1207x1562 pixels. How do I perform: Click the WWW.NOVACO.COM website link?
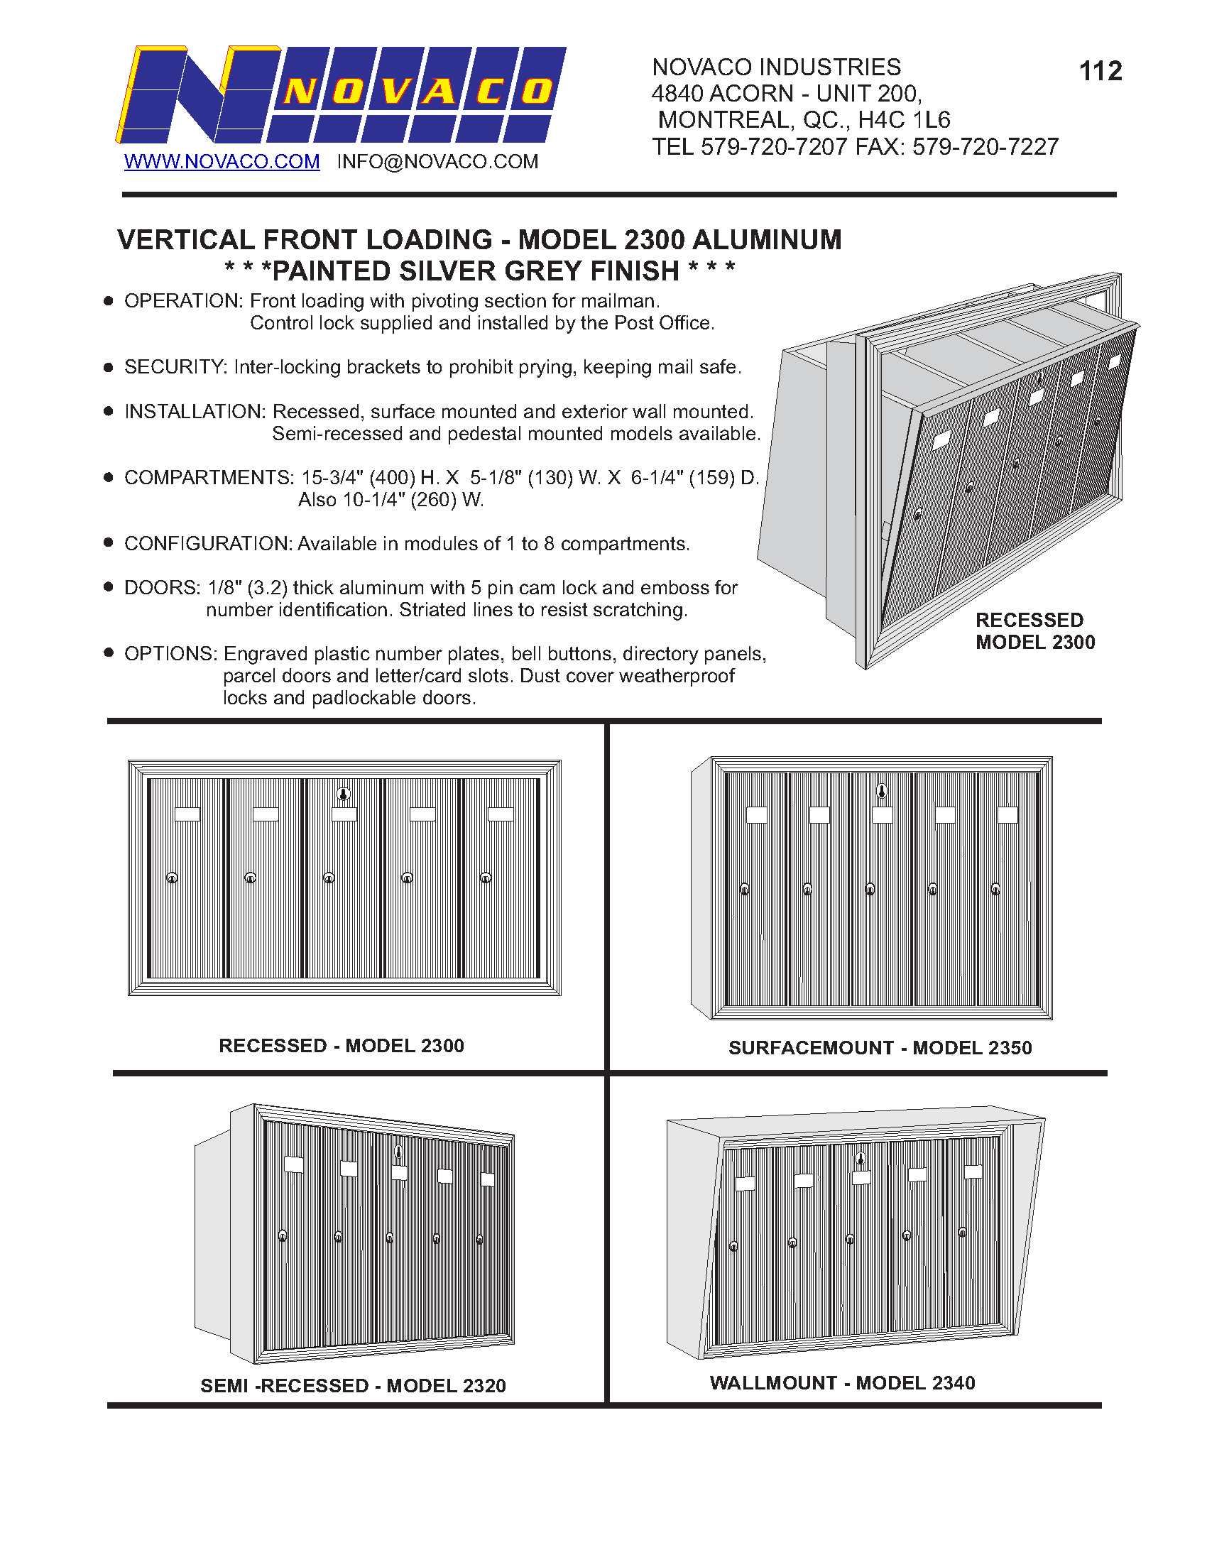[222, 162]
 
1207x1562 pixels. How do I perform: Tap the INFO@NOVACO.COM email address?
[437, 162]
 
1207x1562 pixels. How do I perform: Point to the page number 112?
[1100, 72]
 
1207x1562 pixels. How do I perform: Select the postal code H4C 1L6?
[904, 120]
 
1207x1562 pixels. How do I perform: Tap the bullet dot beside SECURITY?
[109, 368]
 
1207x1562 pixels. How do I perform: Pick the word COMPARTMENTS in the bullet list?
[208, 478]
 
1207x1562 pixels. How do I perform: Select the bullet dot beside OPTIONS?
[109, 652]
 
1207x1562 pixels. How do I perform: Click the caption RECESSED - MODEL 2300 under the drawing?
[341, 1046]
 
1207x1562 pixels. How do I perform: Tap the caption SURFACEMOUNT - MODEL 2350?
[880, 1048]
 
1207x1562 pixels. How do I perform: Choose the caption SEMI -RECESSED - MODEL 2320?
[353, 1385]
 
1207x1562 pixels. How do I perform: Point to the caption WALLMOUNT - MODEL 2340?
[841, 1382]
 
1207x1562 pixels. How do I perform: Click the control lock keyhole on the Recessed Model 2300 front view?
[344, 794]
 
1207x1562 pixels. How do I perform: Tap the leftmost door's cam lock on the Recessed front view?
[172, 878]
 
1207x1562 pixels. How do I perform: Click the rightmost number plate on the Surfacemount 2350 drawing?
[1007, 814]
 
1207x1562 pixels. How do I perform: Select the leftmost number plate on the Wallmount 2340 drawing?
[745, 1184]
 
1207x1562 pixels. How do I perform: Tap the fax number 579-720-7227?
[985, 148]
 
